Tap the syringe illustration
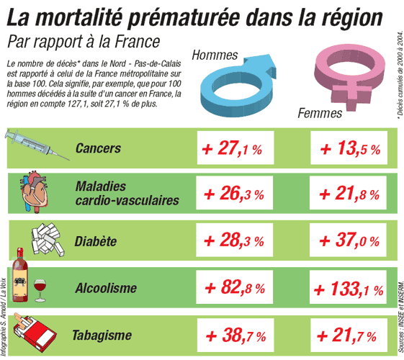point(37,144)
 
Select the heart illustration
point(34,192)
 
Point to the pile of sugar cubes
point(48,240)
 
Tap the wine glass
point(40,290)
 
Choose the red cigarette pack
point(35,333)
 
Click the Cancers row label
point(98,148)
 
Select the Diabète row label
point(95,241)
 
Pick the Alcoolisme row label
point(106,287)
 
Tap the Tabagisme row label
point(102,335)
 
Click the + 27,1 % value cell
point(235,148)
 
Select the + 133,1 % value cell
point(348,287)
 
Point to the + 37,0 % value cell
point(348,240)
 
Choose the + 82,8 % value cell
point(234,287)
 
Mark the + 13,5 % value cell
point(349,148)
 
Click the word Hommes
point(215,55)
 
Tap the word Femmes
point(320,113)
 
